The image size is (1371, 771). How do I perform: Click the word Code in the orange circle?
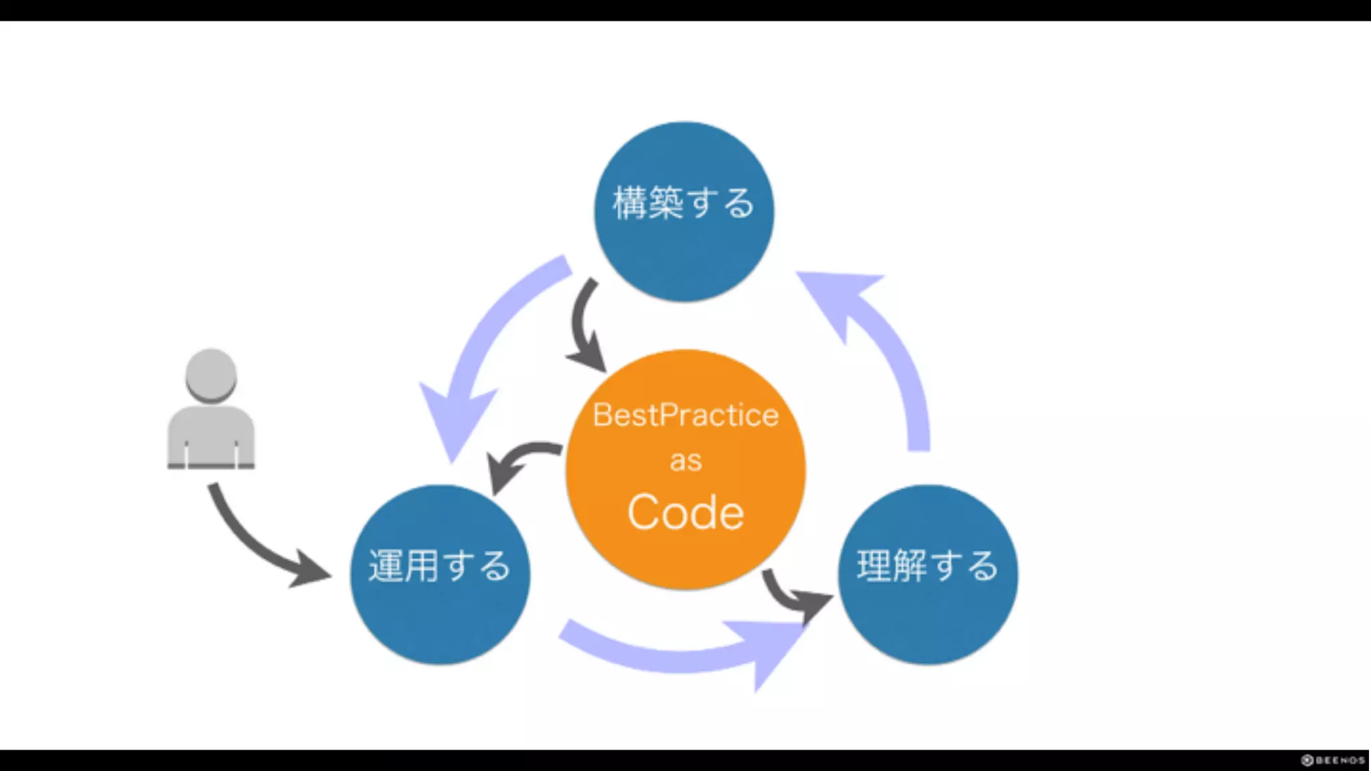coord(685,513)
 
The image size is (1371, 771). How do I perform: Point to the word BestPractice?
coord(685,415)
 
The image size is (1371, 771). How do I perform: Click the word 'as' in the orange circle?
coord(685,461)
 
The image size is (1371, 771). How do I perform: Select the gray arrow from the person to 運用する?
coord(254,542)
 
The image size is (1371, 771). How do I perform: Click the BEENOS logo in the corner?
coord(1332,760)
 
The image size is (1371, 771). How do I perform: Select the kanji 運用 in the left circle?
coord(403,566)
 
